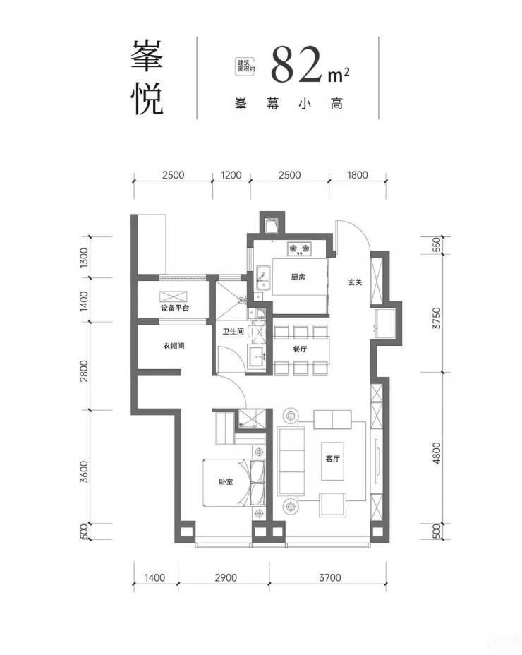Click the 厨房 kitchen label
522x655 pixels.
pos(298,277)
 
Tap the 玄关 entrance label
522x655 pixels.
pos(355,282)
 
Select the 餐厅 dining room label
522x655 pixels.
pos(301,349)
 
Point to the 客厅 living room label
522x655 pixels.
pos(332,458)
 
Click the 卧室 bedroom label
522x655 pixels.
pos(226,481)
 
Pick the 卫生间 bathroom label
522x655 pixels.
pos(233,331)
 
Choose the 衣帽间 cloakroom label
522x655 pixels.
pos(174,346)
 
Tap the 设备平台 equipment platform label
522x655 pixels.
pos(176,308)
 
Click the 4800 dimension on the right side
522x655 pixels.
pos(437,453)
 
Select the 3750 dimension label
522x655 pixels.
pos(437,318)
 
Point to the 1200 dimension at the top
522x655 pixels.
pos(231,174)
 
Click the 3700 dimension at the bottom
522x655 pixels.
pos(330,578)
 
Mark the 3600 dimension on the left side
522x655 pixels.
pos(85,471)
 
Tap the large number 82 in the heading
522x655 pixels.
pos(297,64)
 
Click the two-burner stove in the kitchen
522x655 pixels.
pos(300,248)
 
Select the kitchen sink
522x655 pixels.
pos(264,277)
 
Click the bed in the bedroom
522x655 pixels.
pos(234,483)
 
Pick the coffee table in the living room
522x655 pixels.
pos(332,461)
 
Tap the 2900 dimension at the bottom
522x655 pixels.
pos(226,578)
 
